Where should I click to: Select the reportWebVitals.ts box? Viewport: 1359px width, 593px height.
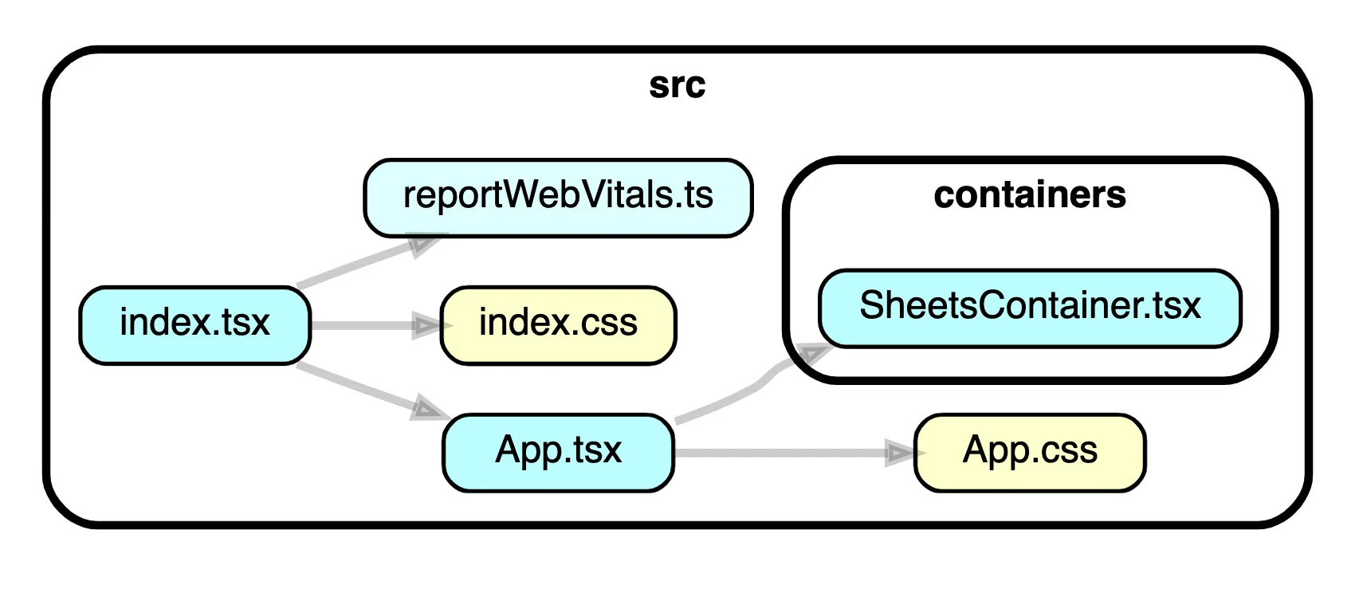click(558, 197)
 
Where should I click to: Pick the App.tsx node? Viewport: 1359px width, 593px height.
click(558, 452)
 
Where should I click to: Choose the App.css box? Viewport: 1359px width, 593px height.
click(1029, 452)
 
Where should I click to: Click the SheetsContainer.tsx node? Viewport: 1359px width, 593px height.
click(1029, 308)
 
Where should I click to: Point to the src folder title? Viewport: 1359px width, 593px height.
click(677, 85)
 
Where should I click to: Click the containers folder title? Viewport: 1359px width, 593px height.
click(1029, 195)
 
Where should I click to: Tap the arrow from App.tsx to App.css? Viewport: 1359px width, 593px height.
click(781, 454)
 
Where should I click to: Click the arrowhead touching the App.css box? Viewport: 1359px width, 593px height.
click(901, 454)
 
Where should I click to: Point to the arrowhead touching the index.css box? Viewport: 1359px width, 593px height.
click(426, 325)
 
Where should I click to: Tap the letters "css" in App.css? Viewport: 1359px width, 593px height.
click(1068, 452)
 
